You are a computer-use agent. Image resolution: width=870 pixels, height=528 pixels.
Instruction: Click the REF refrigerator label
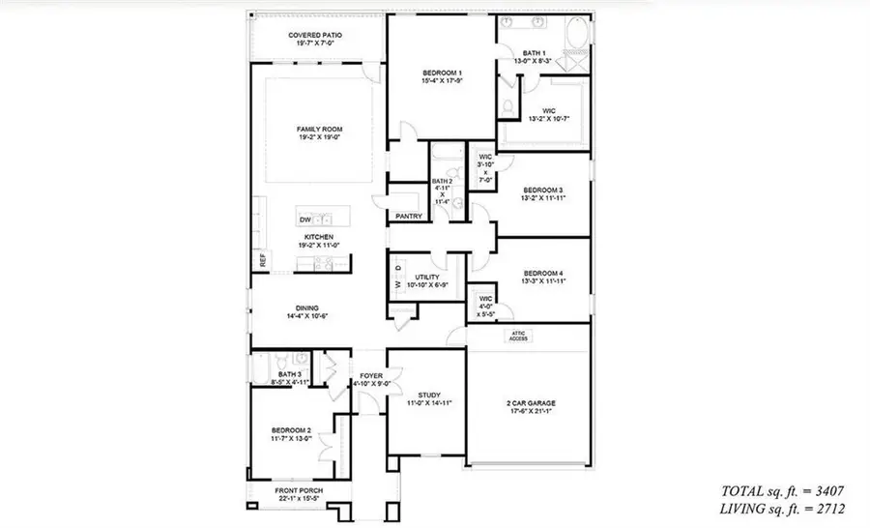point(261,259)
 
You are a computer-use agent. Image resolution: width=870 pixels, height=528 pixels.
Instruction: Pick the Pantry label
point(409,216)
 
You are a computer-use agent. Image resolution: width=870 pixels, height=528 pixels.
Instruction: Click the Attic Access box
point(519,337)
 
